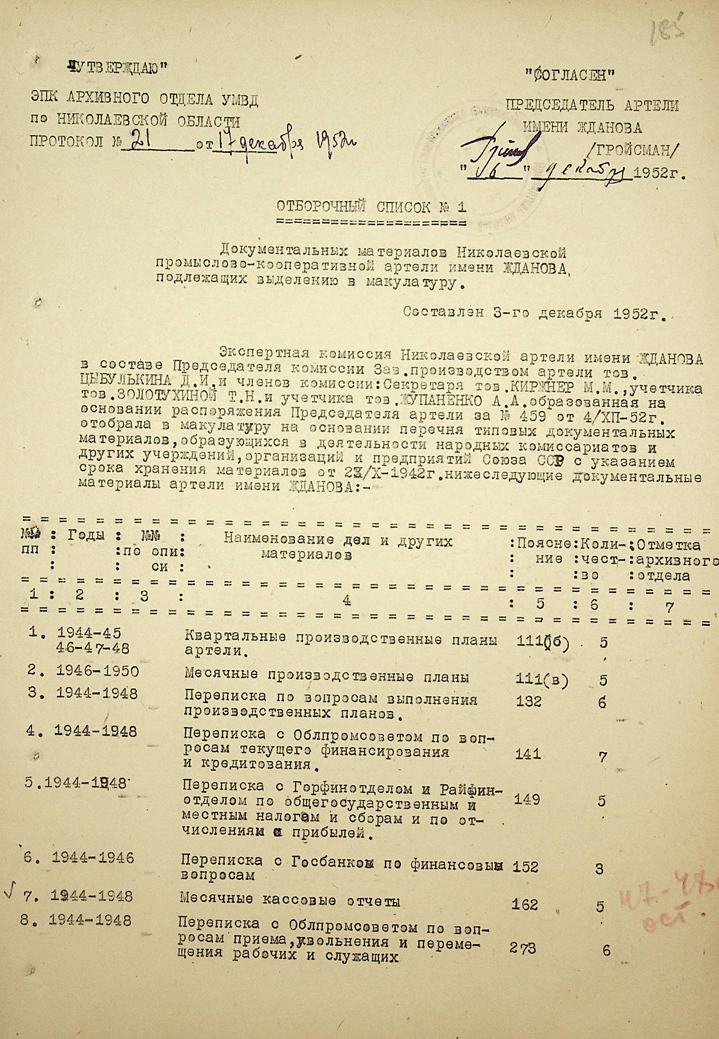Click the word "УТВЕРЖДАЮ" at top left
116,68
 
